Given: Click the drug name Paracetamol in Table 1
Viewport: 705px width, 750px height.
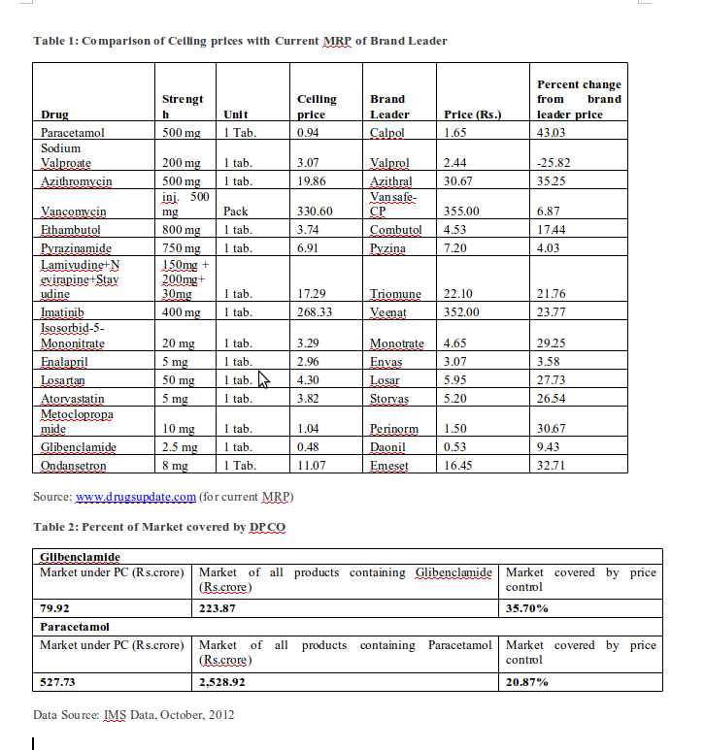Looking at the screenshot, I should point(72,132).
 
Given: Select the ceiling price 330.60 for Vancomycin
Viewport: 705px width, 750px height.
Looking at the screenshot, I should point(314,211).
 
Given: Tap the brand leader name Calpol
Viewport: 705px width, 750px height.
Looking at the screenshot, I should point(387,132).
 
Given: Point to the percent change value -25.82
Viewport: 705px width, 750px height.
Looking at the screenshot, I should point(554,162).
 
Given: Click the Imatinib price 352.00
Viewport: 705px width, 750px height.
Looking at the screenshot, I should point(461,312).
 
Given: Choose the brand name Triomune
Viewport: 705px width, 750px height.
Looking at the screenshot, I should point(394,293).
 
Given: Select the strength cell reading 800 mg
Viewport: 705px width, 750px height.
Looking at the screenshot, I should point(182,230).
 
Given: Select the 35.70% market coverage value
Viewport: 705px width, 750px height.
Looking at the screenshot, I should point(528,608).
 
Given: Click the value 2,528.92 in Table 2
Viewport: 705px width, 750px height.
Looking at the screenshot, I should point(223,682).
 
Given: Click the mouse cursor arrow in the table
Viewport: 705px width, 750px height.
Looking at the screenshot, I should point(262,380).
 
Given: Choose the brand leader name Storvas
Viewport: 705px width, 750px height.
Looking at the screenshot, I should point(389,398).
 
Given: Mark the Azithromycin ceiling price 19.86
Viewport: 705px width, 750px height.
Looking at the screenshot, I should point(310,181).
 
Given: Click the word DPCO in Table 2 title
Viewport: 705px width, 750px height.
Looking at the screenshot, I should point(266,526).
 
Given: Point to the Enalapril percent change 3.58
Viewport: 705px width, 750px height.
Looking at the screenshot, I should point(550,361).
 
